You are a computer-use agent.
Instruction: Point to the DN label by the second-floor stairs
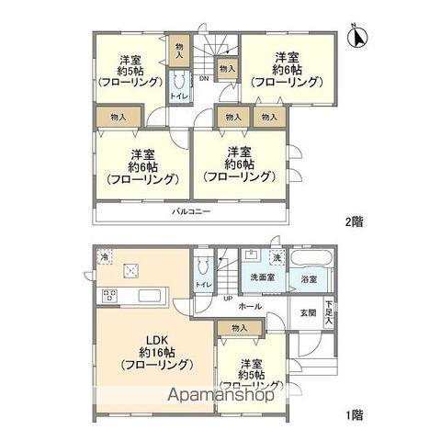(203, 78)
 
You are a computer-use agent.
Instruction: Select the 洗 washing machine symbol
(277, 255)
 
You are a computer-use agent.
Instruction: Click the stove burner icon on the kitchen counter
(108, 296)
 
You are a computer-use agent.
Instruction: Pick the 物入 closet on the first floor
(240, 328)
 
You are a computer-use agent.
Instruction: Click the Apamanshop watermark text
(219, 400)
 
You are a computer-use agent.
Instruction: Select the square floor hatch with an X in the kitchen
(133, 270)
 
